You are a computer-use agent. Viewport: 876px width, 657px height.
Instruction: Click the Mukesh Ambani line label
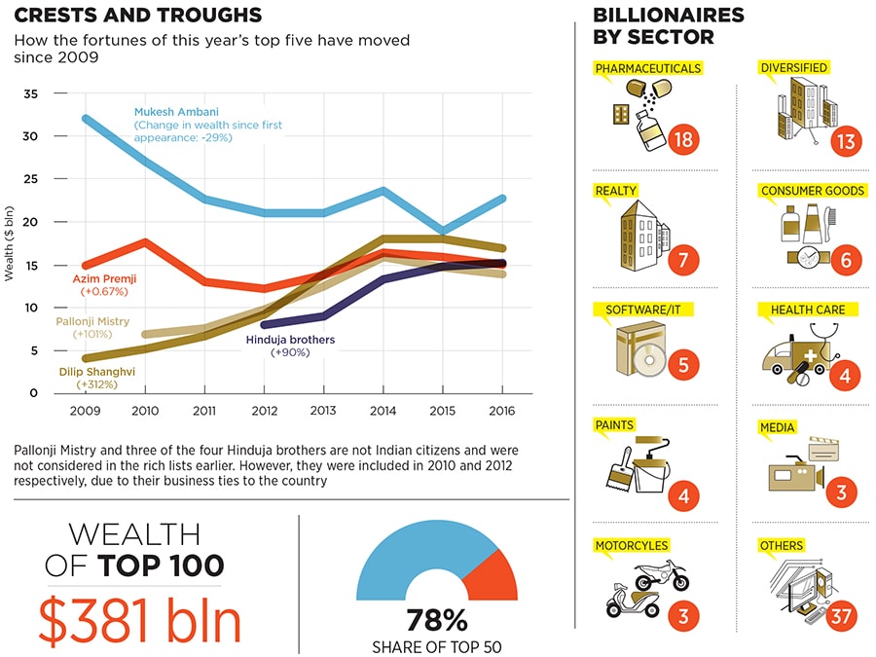click(x=175, y=112)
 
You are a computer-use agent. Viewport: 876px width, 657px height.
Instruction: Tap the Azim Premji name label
click(x=101, y=278)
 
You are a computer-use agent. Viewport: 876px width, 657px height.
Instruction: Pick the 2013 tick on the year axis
click(x=322, y=411)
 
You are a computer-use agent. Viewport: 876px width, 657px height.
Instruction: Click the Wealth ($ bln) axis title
click(x=9, y=243)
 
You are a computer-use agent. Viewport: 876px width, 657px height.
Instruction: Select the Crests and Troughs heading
click(x=137, y=16)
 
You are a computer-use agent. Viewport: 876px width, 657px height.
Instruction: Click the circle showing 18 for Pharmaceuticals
click(x=684, y=139)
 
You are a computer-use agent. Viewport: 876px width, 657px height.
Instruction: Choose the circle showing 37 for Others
click(x=843, y=616)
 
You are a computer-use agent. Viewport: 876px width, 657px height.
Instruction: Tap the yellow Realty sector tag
click(x=617, y=191)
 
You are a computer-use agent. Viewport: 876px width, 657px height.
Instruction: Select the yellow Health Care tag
click(x=807, y=310)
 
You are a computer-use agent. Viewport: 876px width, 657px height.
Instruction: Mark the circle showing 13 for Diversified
click(x=844, y=141)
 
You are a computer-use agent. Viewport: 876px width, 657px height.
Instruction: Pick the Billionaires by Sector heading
click(x=668, y=26)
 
